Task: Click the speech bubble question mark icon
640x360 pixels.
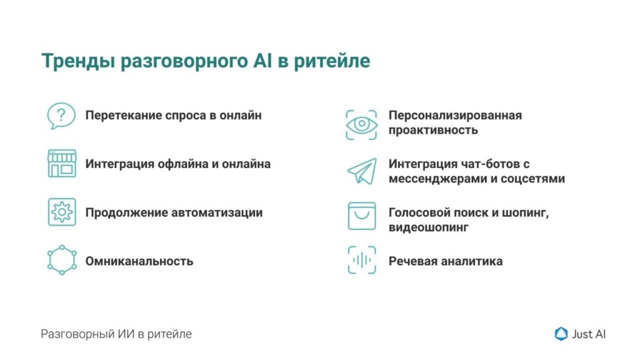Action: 61,116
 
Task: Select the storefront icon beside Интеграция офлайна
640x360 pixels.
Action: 62,163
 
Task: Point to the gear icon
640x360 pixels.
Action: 62,212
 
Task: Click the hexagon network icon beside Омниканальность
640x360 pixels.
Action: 62,260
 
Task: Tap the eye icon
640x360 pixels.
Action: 361,124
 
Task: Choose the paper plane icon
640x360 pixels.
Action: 362,171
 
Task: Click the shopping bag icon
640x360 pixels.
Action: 362,216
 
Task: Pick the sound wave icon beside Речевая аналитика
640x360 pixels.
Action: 362,260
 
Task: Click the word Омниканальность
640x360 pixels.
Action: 139,261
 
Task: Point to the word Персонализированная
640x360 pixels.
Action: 455,116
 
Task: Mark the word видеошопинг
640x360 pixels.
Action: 429,227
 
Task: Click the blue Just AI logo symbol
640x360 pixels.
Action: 561,334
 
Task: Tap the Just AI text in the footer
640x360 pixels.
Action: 589,334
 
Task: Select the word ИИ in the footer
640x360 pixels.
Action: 126,334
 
